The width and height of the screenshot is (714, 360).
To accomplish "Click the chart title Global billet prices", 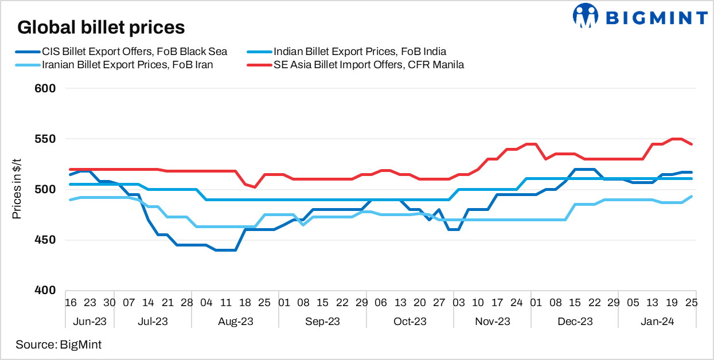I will tap(101, 27).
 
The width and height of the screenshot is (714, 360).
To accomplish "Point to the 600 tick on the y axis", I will tap(45, 88).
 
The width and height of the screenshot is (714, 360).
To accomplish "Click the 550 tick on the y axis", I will tap(45, 139).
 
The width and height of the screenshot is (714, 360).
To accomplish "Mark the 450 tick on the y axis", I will tap(45, 240).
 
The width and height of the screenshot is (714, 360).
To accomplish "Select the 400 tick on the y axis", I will tap(45, 291).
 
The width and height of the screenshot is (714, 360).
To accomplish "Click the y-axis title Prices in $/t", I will tap(17, 189).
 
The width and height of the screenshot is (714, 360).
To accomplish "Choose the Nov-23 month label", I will tap(492, 322).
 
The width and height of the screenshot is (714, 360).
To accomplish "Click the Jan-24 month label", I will tap(657, 322).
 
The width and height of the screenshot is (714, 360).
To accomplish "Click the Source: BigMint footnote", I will tap(58, 345).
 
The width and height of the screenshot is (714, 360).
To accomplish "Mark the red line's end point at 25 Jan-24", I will tap(691, 144).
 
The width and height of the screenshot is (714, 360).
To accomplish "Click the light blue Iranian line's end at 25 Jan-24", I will tap(691, 197).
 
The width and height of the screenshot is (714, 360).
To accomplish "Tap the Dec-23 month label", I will tap(575, 322).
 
